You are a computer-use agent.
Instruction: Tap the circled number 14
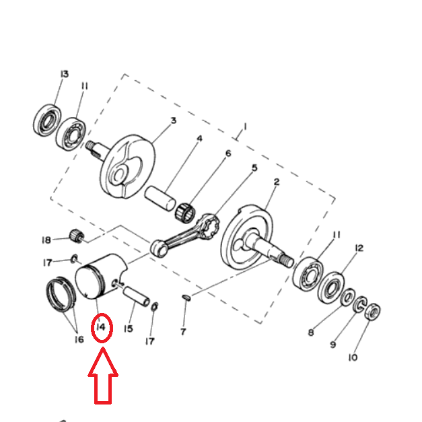101,328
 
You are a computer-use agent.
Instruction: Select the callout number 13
65,74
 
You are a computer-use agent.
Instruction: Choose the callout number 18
46,240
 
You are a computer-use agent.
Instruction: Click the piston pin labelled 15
136,297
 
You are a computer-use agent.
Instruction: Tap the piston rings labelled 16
61,294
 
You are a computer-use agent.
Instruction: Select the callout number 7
183,332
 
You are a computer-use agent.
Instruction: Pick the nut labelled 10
373,312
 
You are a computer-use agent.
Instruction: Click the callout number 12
359,248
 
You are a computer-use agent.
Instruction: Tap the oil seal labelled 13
47,120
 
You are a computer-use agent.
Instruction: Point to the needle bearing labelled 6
186,212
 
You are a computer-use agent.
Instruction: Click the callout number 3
174,120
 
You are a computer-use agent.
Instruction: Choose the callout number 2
277,182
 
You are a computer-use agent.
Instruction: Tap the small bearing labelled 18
77,236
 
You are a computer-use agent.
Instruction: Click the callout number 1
245,127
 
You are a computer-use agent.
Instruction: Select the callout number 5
254,168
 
